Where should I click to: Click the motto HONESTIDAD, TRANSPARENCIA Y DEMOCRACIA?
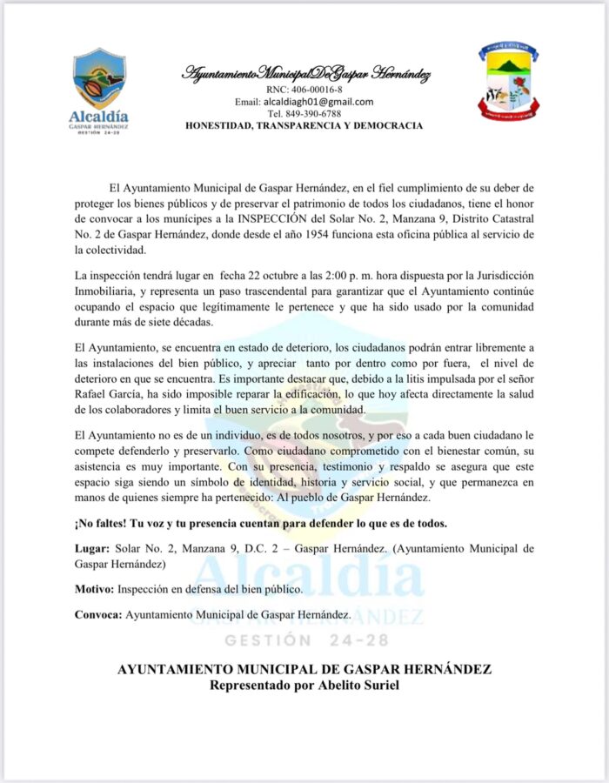(x=304, y=126)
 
